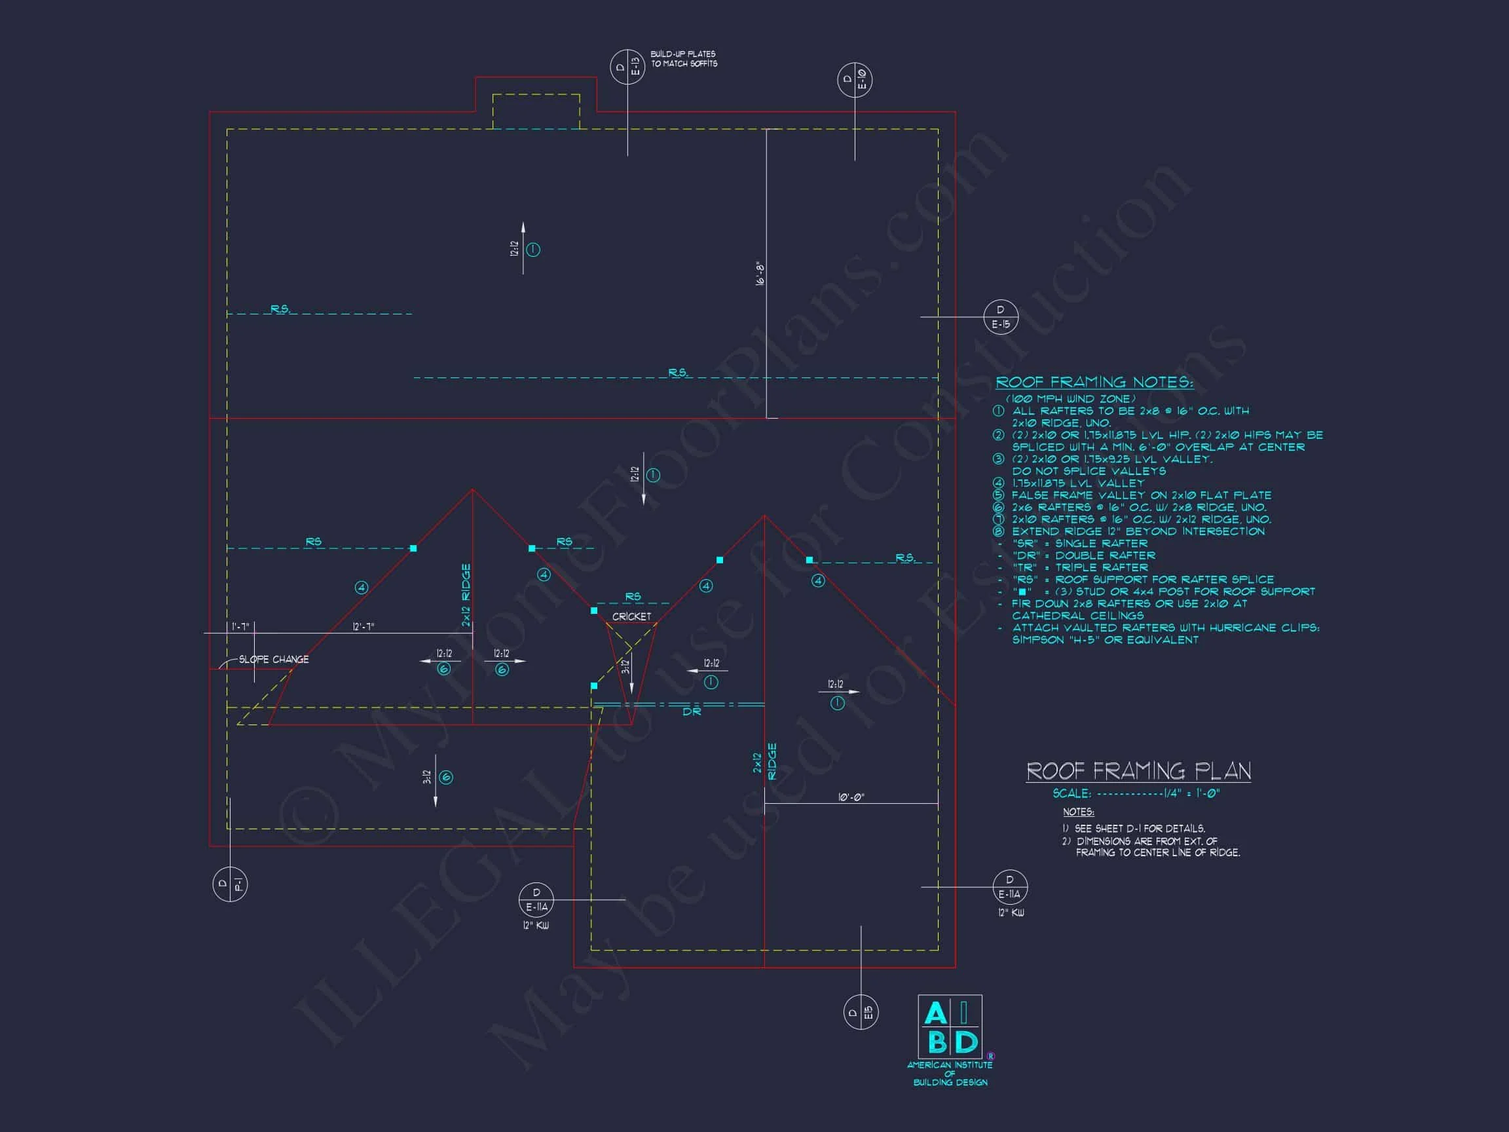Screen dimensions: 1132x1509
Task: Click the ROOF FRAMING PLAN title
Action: pos(1138,771)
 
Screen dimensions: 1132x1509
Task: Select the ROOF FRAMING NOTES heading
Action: pos(1094,382)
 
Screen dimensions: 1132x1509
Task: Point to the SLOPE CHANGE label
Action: pos(274,659)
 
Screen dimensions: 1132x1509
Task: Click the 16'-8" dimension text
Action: pos(760,273)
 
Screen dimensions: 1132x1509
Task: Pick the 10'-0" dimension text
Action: pos(851,797)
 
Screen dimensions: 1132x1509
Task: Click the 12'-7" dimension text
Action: pos(363,626)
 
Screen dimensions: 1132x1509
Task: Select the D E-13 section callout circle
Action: pos(627,67)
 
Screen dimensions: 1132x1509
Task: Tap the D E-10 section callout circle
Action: pos(855,80)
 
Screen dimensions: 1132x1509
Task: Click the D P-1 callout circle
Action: pos(229,885)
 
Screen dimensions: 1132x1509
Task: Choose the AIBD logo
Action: pos(950,1027)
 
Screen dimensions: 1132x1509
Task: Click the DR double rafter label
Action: pos(692,711)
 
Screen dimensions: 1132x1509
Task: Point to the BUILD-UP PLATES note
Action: pos(683,59)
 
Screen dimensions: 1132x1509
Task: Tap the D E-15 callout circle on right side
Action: pos(1001,317)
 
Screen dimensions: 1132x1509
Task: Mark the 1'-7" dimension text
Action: pos(240,626)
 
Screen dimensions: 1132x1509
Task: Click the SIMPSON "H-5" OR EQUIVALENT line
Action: pos(1105,640)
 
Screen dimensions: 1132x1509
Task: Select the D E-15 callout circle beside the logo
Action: pos(860,1013)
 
